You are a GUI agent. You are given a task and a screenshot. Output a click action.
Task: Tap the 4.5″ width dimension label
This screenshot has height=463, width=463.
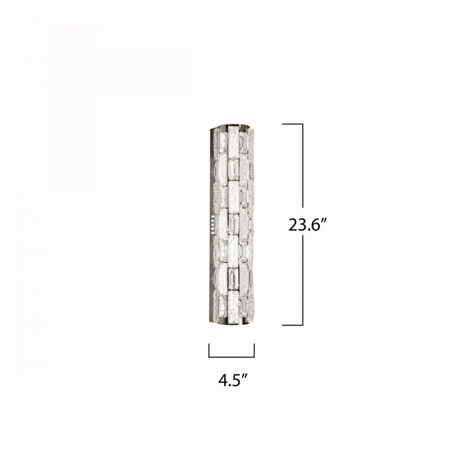click(232, 380)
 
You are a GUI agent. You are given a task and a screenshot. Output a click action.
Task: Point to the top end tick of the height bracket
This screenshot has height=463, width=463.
click(292, 124)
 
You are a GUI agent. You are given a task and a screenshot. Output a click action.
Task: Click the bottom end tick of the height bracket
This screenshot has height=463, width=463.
click(292, 325)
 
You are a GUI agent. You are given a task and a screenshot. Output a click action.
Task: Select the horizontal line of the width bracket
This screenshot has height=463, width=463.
click(232, 357)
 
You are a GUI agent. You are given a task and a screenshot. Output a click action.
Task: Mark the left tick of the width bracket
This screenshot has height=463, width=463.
click(209, 351)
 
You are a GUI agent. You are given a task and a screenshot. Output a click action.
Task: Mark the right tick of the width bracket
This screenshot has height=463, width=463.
click(254, 351)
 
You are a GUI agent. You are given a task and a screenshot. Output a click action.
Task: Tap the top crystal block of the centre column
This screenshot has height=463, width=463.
click(233, 141)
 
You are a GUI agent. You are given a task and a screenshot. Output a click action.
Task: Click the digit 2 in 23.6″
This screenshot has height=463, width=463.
click(293, 225)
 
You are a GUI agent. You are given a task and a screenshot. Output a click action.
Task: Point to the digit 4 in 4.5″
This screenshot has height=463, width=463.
click(224, 380)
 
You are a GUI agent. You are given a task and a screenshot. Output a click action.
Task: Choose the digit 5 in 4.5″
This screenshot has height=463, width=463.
click(237, 380)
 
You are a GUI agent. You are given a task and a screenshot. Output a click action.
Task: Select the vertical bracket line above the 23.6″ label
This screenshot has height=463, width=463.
click(303, 165)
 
